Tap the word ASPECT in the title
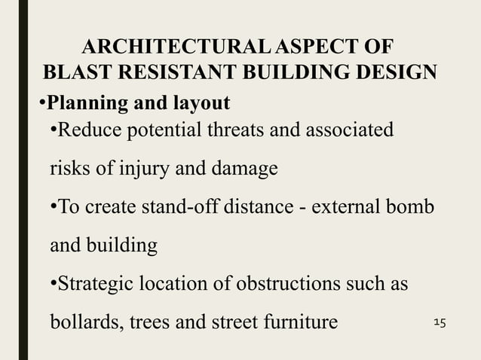[314, 47]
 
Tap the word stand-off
[185, 207]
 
